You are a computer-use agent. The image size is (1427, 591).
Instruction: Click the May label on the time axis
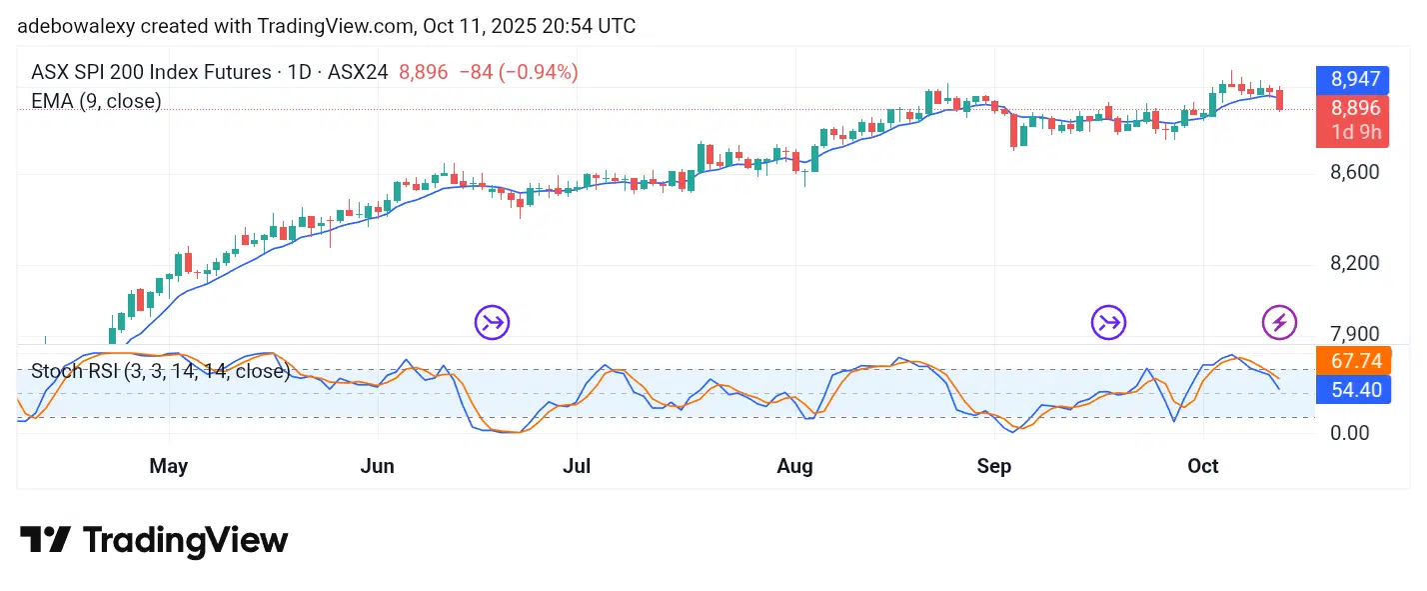(x=169, y=466)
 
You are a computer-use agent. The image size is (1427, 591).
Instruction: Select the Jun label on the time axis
(x=378, y=466)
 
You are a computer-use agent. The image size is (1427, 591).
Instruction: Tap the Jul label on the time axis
(x=577, y=466)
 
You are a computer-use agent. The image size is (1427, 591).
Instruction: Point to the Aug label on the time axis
(x=795, y=466)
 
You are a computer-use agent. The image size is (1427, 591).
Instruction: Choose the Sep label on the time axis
(x=994, y=466)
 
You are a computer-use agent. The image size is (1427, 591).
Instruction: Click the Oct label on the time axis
(x=1203, y=466)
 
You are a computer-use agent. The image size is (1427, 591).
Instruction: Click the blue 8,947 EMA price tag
(x=1352, y=79)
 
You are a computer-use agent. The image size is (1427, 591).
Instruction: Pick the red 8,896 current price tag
(x=1352, y=109)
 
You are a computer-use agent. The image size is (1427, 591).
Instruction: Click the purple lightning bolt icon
(x=1279, y=322)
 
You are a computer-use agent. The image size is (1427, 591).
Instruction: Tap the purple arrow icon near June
(x=492, y=322)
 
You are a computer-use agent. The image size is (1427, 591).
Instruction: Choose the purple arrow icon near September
(x=1108, y=322)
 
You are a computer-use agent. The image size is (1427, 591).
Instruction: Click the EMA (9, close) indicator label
(x=96, y=101)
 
